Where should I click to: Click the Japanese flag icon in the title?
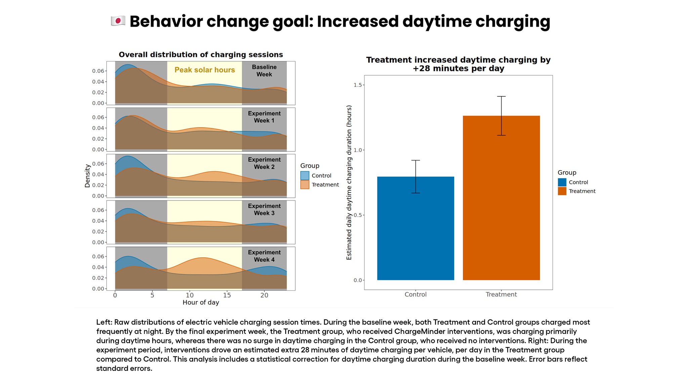118,21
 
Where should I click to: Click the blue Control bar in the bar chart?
416,228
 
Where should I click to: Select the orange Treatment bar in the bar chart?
501,198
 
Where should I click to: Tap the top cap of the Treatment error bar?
501,96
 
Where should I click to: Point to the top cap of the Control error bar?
416,160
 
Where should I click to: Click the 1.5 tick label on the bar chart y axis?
357,85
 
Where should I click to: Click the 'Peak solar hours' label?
205,70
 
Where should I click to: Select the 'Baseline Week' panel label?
264,71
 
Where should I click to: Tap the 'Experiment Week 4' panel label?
264,256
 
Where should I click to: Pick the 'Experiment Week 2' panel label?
264,163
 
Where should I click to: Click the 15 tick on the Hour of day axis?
227,295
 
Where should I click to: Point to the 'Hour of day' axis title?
201,302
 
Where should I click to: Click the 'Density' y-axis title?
88,176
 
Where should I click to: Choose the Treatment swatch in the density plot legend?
305,185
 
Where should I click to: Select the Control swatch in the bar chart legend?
562,182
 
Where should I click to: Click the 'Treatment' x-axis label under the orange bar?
501,295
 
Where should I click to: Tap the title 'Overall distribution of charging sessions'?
201,54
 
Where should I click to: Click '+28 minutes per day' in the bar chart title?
458,69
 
